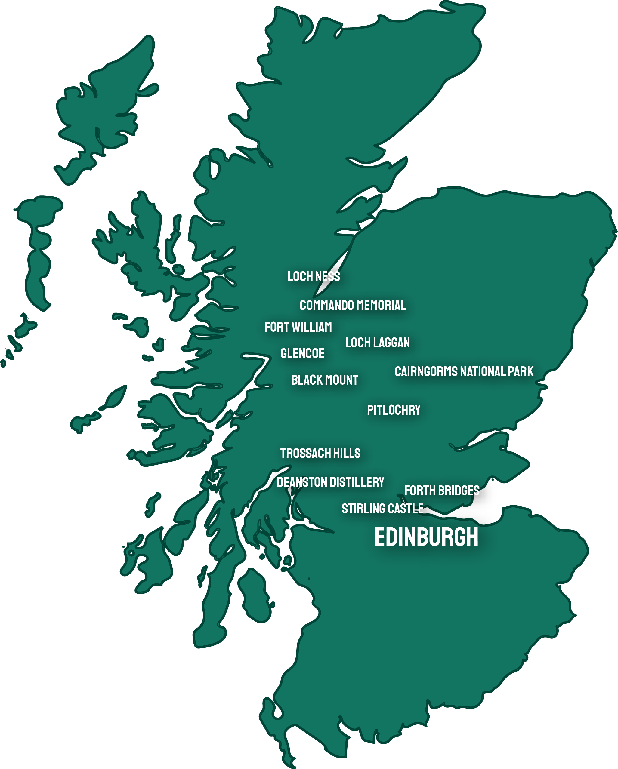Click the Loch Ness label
coord(314,276)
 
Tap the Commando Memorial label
coord(353,305)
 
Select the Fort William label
coord(298,327)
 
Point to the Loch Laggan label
coord(378,343)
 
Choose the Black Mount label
coord(324,380)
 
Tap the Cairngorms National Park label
coord(464,372)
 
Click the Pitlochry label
coord(394,410)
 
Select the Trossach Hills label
coord(320,453)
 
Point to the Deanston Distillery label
coord(330,482)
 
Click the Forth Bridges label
coord(442,491)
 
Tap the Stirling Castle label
coord(382,509)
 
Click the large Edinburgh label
coord(426,537)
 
